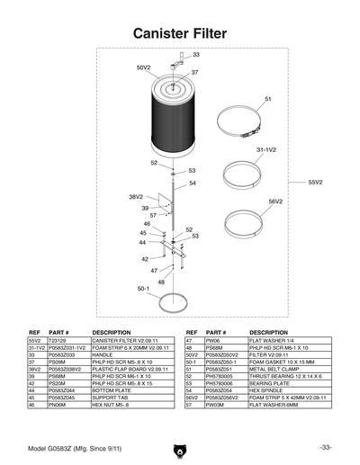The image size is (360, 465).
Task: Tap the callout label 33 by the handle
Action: pos(196,55)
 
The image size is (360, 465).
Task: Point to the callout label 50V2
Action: pos(143,67)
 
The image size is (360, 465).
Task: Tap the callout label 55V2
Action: pos(315,183)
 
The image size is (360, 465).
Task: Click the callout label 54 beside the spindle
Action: pos(192,183)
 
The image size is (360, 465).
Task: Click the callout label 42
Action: pos(144,259)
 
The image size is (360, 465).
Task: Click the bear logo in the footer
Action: pos(178,447)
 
